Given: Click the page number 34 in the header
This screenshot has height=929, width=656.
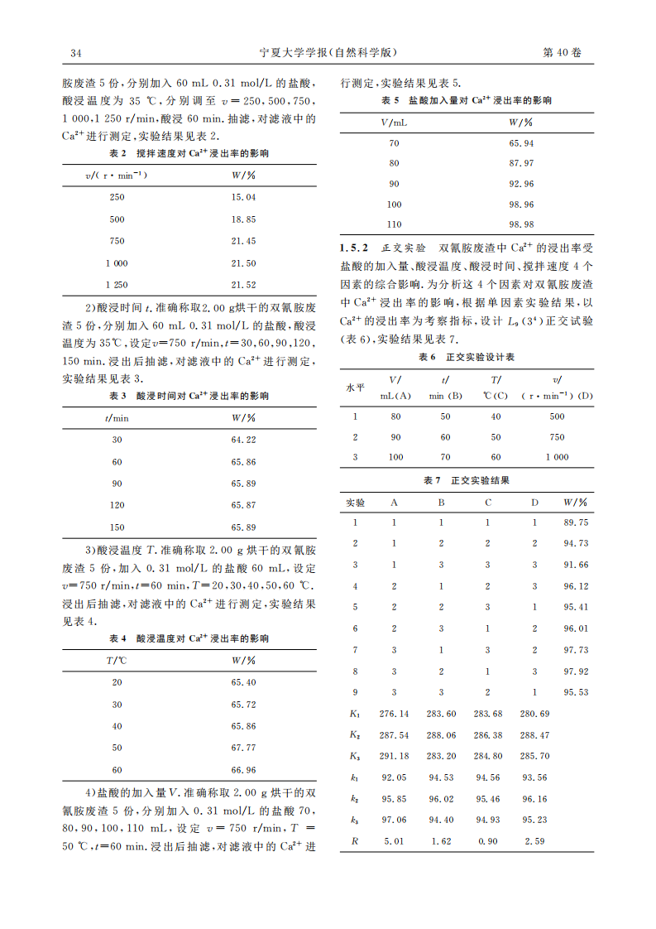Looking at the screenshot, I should tap(75, 53).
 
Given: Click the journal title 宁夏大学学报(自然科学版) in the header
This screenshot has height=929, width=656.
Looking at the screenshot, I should tap(328, 53).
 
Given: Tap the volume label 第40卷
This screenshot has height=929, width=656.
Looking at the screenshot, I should tap(562, 53).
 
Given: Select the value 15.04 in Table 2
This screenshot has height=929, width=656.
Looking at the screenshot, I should tap(244, 197).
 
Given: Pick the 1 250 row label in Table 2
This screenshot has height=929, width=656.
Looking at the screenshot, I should tap(117, 285).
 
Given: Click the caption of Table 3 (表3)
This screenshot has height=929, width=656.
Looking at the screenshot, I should tap(189, 396).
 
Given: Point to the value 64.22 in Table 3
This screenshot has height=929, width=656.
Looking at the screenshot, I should tap(244, 440).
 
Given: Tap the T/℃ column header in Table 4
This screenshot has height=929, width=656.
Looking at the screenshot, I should tap(117, 660).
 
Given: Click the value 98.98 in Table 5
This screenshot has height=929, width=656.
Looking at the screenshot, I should tap(521, 224).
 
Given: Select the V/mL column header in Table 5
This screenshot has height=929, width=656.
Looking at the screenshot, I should tap(394, 122).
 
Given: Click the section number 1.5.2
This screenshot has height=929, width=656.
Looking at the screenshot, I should tap(355, 248).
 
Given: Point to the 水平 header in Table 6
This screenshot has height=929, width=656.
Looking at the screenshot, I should tap(355, 387).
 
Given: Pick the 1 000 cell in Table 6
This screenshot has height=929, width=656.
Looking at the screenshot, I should tap(557, 457).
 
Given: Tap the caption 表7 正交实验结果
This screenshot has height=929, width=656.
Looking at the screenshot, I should tap(467, 480).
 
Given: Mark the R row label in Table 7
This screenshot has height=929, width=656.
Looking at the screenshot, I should tap(355, 842).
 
